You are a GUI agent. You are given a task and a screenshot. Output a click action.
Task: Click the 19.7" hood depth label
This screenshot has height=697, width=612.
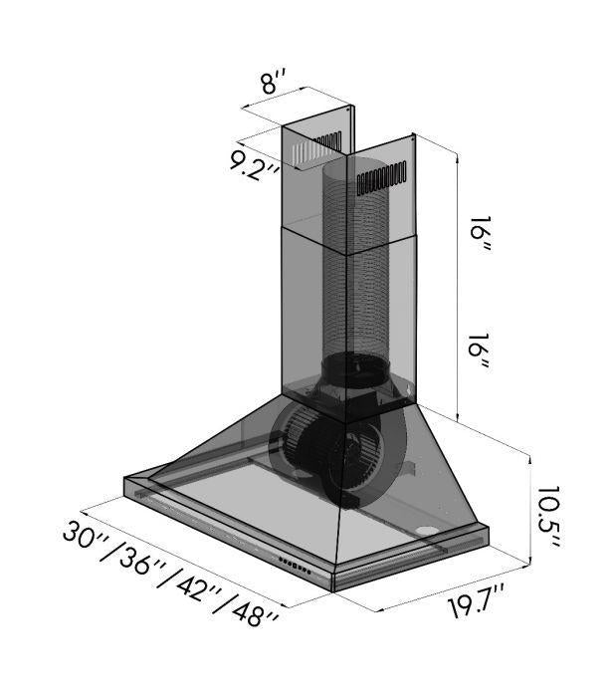(x=461, y=604)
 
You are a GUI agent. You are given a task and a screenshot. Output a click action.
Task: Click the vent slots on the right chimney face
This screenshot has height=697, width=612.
(x=381, y=177)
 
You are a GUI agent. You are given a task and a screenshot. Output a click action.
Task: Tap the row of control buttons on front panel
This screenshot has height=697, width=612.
(x=296, y=566)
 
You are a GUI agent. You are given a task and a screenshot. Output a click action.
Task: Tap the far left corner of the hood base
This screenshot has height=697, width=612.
(x=125, y=482)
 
